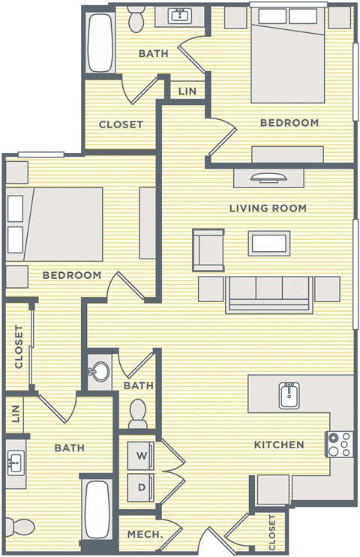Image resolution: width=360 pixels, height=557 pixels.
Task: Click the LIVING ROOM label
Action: (268, 208)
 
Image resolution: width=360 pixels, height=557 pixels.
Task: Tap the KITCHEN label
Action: (278, 445)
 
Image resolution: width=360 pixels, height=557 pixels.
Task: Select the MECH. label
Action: (143, 535)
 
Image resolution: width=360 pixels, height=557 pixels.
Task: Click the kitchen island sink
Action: (290, 394)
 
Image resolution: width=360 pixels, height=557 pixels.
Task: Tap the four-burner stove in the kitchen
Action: (339, 445)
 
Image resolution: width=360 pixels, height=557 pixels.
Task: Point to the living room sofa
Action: (269, 292)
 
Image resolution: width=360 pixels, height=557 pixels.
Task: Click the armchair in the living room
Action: (208, 250)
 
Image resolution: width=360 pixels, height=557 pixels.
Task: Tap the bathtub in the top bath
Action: (99, 43)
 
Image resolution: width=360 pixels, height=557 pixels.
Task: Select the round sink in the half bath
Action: (99, 371)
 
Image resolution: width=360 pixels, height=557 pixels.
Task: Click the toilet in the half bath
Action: (137, 412)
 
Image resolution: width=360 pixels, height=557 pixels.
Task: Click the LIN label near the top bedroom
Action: (186, 91)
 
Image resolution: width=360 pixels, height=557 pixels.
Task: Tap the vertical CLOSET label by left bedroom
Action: (19, 347)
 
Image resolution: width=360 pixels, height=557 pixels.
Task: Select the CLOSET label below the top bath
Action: (121, 124)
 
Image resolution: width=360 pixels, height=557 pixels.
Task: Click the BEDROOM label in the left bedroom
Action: (71, 275)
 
